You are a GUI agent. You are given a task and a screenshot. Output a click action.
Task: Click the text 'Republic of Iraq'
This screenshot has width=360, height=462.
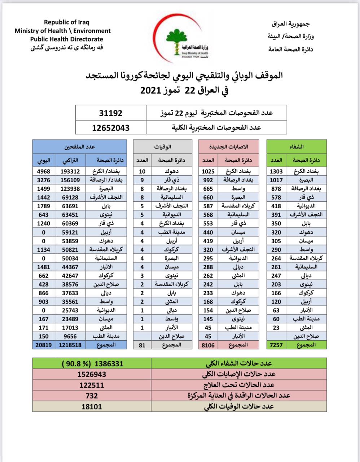(67, 22)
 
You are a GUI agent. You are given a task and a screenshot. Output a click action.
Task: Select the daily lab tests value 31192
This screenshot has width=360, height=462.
(111, 113)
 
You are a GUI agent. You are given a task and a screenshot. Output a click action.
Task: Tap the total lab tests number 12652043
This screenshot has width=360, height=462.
(111, 127)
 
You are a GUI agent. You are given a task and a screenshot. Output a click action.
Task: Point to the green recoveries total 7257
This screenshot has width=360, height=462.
(277, 345)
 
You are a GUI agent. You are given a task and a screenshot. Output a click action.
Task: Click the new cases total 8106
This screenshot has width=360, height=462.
(208, 345)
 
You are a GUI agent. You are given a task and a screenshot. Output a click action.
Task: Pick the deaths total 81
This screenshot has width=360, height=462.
(142, 345)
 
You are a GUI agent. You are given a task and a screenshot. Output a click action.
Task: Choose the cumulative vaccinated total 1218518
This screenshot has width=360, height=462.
(70, 345)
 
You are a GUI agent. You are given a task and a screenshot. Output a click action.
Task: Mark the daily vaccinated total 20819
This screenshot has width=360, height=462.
(43, 345)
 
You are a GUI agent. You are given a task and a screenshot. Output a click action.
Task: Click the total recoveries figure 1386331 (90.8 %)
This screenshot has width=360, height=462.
(92, 363)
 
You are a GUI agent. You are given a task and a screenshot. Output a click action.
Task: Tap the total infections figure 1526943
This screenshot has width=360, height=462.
(92, 374)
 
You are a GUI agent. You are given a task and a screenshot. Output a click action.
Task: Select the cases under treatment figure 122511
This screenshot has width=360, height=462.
(92, 385)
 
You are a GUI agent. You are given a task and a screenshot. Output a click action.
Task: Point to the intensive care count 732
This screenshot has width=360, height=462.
(92, 396)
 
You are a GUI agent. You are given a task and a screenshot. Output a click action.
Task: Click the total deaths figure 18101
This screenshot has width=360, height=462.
(92, 406)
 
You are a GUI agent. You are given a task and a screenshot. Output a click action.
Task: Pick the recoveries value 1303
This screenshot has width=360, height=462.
(277, 171)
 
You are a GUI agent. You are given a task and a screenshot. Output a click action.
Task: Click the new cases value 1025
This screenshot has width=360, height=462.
(208, 171)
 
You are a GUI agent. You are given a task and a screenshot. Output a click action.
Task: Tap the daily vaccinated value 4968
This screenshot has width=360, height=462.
(43, 171)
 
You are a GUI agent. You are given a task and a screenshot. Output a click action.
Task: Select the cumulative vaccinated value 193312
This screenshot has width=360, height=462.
(70, 171)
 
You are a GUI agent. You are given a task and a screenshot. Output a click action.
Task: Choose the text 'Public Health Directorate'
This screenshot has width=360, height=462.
(67, 39)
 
